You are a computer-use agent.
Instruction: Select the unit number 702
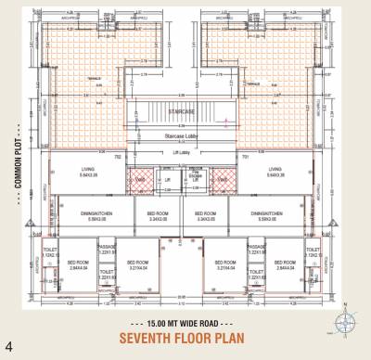[x=144, y=157]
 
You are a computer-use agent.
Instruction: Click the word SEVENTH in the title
[x=152, y=337]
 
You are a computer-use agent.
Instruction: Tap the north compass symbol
[x=345, y=321]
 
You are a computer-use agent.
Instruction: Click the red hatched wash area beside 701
[x=221, y=175]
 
